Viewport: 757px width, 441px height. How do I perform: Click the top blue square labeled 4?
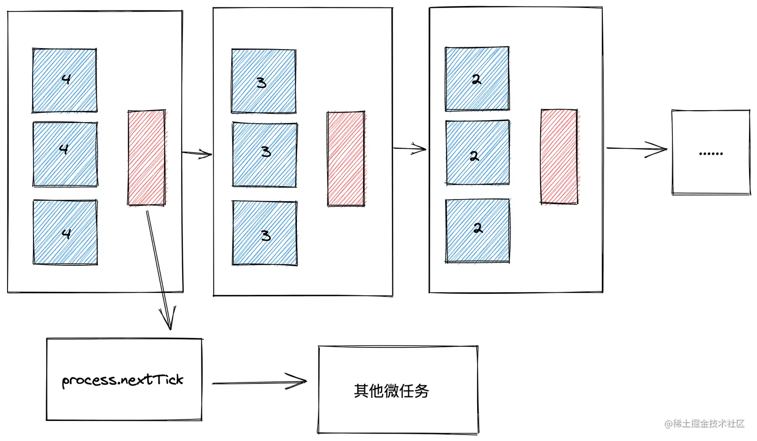[65, 80]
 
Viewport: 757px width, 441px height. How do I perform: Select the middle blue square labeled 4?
[65, 154]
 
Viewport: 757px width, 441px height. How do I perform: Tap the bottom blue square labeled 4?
[65, 232]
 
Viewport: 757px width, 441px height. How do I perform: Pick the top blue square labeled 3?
[263, 81]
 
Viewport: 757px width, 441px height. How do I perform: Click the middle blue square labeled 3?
[264, 155]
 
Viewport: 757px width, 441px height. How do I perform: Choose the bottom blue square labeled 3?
[264, 233]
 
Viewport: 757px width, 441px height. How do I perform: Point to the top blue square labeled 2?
[477, 79]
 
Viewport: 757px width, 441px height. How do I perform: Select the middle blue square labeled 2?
[477, 153]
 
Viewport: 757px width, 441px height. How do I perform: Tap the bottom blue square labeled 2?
[478, 231]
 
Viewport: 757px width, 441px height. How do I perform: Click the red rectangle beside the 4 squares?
[146, 158]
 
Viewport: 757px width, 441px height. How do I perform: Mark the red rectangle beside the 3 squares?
[345, 159]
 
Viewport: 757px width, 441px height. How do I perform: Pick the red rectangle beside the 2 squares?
[559, 156]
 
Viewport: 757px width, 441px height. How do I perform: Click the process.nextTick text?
[123, 380]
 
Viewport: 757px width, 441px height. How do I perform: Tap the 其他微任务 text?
[392, 390]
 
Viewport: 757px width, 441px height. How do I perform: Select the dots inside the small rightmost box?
[710, 154]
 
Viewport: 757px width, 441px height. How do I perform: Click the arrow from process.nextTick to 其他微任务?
[259, 382]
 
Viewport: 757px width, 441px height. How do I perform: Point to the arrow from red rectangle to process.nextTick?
[159, 270]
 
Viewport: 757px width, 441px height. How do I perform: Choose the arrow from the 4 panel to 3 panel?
[197, 153]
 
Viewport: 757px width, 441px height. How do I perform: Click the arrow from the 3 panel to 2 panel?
[410, 148]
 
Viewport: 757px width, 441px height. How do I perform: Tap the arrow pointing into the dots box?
[636, 149]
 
